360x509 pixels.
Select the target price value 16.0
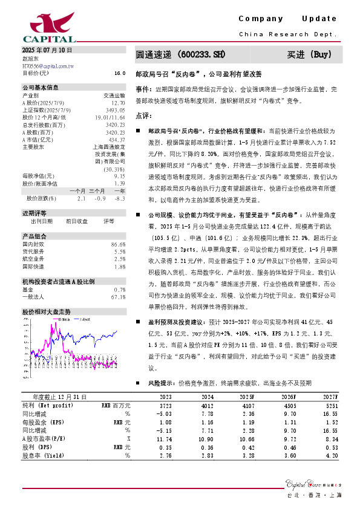[119, 73]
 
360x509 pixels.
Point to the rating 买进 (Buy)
[309, 54]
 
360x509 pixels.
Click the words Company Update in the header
[287, 19]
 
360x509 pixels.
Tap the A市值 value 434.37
[117, 138]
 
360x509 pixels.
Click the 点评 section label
[143, 115]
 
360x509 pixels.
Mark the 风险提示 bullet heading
[160, 383]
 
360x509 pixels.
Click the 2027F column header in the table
[330, 396]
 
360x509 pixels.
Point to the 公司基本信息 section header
[41, 87]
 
